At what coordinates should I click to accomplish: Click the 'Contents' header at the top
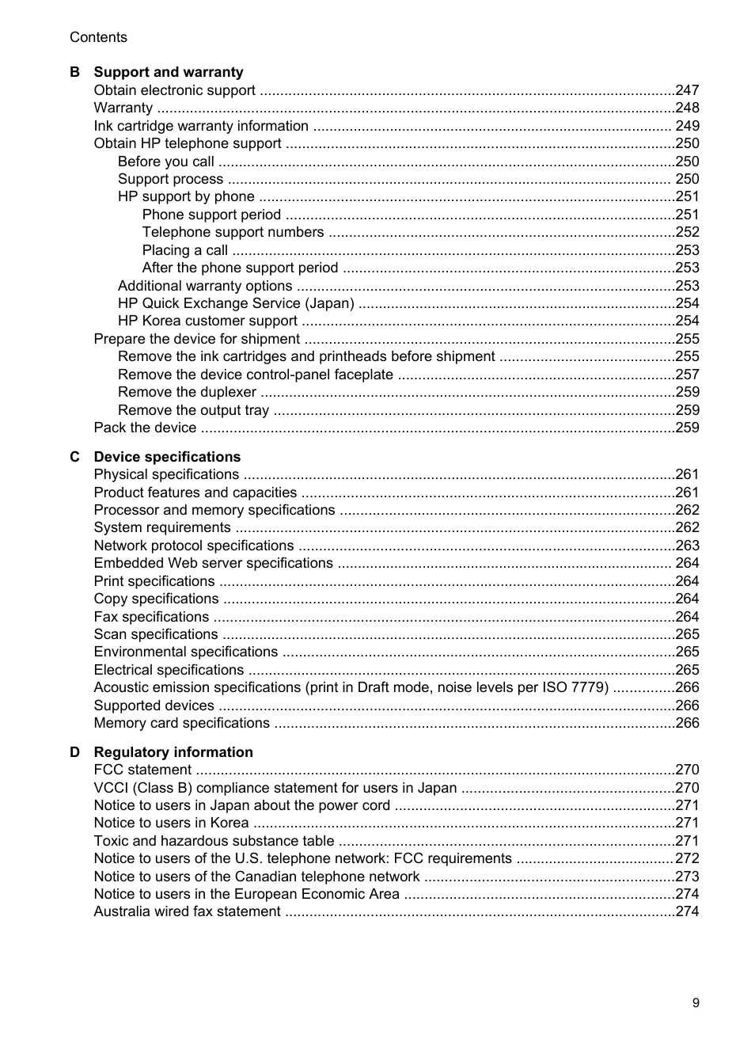click(x=98, y=37)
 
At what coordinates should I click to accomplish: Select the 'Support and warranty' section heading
click(x=169, y=72)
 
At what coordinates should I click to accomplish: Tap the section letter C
click(x=74, y=457)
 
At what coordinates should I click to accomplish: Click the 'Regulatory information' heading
click(x=173, y=752)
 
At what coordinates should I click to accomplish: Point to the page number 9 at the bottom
click(x=696, y=1002)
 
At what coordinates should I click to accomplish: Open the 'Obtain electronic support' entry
click(x=174, y=90)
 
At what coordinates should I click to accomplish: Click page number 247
click(x=687, y=90)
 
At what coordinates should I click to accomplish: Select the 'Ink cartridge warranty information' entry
click(x=201, y=126)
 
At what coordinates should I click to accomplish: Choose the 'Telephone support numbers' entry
click(x=233, y=232)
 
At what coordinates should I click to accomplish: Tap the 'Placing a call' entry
click(x=185, y=250)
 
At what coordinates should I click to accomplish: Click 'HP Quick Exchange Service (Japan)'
click(x=236, y=303)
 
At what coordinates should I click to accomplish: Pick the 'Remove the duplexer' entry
click(x=187, y=392)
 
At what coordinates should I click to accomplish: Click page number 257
click(x=687, y=375)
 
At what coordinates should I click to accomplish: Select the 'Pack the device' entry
click(x=145, y=428)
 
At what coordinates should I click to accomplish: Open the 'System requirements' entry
click(x=162, y=527)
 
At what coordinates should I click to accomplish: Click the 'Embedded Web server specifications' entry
click(x=213, y=563)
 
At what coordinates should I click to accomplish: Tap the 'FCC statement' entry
click(x=142, y=770)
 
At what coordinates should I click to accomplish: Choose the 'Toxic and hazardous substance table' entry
click(x=214, y=841)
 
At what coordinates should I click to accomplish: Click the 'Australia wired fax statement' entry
click(x=187, y=911)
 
